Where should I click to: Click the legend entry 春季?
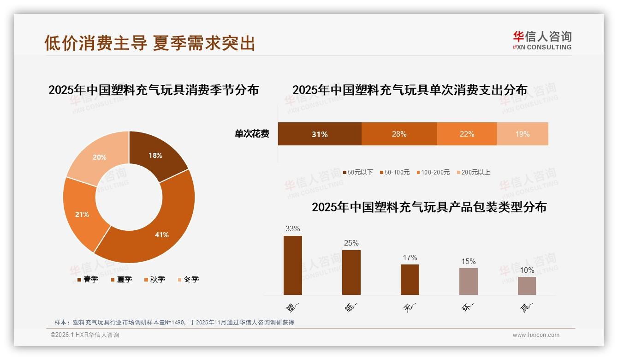pos(87,279)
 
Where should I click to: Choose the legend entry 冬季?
pos(188,279)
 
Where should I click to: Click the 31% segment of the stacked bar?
pos(319,134)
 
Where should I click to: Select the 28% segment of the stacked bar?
pos(399,134)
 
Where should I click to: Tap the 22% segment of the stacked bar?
pos(467,134)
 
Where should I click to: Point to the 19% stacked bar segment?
pos(522,134)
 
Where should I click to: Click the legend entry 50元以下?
pos(358,172)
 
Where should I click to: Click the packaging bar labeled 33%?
pos(293,265)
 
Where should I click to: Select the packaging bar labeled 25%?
pos(351,272)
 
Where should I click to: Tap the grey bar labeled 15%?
pos(468,281)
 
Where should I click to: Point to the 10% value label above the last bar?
pos(527,270)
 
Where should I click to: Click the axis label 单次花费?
pos(252,134)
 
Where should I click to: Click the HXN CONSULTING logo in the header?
pos(542,40)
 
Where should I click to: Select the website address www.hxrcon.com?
pos(536,335)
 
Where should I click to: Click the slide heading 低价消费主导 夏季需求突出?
pos(149,43)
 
